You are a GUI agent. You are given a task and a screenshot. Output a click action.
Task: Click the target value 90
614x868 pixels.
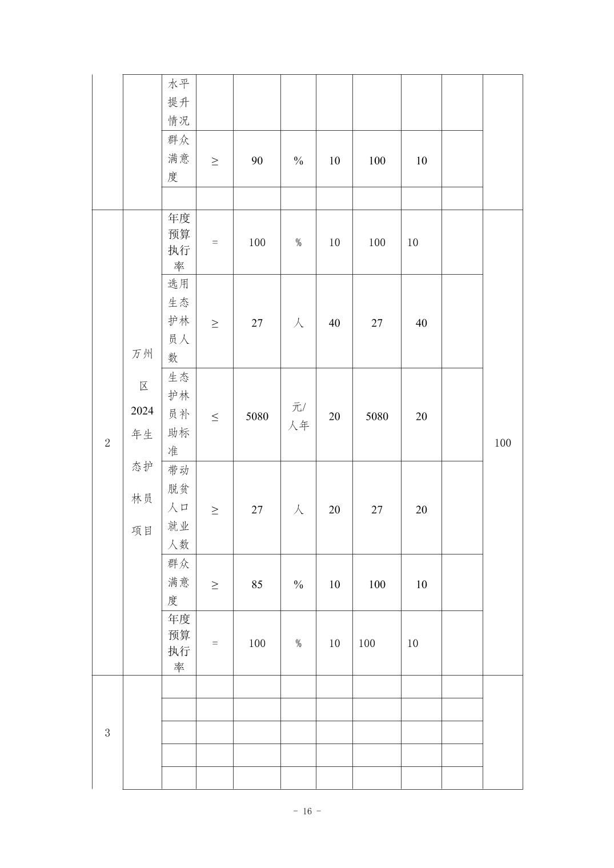point(257,161)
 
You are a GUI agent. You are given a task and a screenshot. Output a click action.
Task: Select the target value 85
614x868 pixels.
point(257,585)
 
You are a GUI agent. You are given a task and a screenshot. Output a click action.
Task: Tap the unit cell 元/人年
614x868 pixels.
point(298,416)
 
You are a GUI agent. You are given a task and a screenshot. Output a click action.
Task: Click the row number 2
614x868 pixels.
point(107,443)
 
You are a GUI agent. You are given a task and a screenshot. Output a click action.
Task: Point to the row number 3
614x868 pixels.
point(107,733)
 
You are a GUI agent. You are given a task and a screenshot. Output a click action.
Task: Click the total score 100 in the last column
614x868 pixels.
point(503,443)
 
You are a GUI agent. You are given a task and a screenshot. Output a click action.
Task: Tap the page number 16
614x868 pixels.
point(307,811)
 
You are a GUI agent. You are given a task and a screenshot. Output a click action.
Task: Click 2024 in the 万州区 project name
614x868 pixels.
point(142,411)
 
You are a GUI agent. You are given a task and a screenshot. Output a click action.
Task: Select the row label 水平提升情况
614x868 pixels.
point(179,102)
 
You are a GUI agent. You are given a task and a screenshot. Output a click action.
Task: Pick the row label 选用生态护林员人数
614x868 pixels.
point(179,321)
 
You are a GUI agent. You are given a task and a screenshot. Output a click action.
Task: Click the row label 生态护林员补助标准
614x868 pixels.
point(179,414)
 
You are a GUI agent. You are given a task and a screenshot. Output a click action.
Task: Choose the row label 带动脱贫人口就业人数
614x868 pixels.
point(179,508)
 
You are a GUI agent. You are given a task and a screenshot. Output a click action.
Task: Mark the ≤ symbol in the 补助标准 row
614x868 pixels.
point(215,417)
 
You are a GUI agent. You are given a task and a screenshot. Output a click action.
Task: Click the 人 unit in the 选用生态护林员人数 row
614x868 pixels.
point(298,323)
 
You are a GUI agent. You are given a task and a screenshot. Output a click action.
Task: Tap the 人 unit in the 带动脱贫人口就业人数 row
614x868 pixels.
point(298,510)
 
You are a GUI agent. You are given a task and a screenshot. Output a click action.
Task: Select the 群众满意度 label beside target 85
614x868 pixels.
point(179,582)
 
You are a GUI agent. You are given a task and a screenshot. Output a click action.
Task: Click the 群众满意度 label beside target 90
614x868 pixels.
point(179,158)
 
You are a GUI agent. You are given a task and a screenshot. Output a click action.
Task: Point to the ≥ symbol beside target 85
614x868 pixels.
point(215,585)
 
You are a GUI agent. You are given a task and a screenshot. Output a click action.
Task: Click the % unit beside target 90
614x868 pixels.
point(298,161)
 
